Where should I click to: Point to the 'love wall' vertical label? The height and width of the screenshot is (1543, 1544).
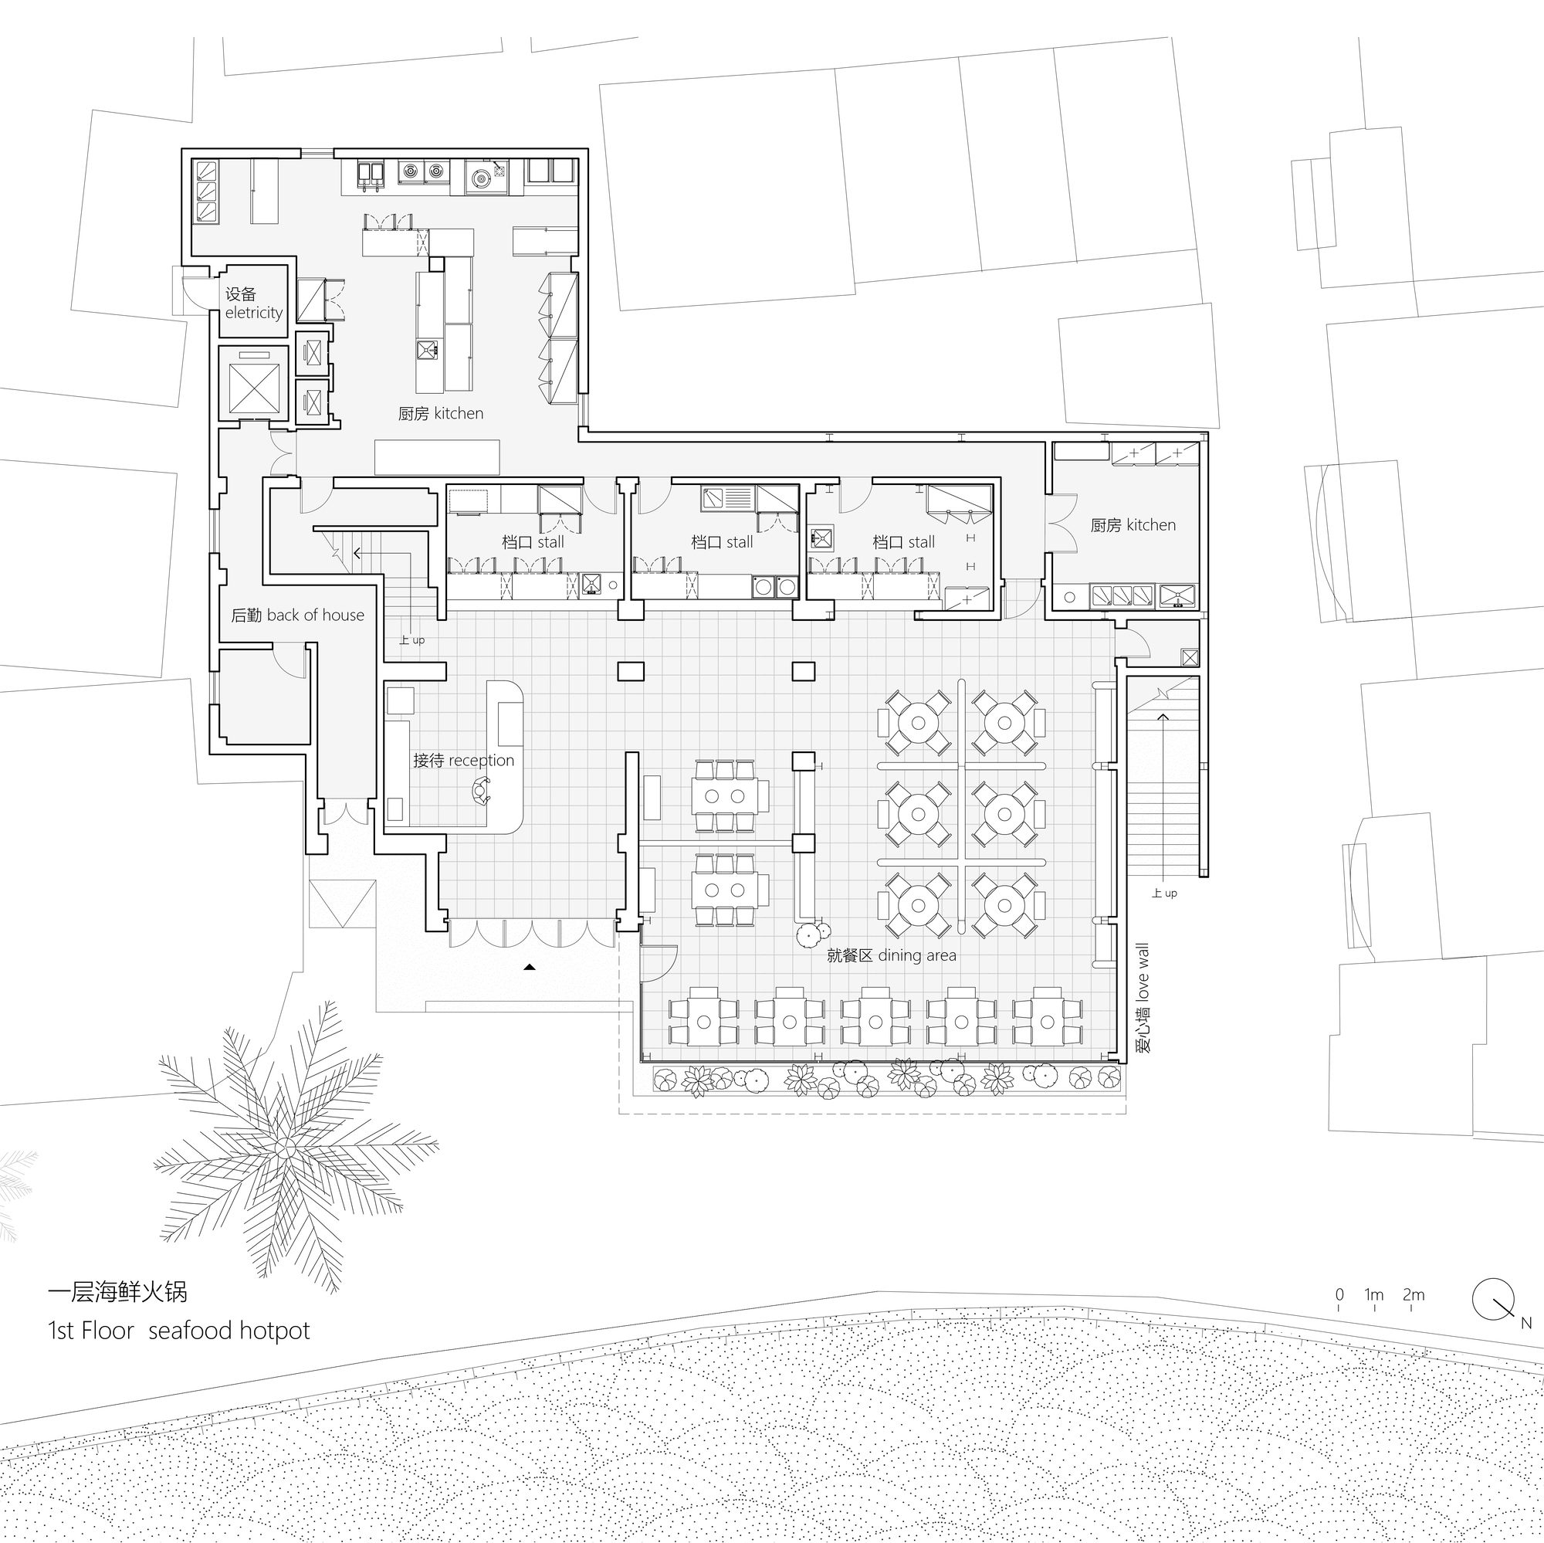1142,972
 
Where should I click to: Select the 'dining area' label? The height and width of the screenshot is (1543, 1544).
916,955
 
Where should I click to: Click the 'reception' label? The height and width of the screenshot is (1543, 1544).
481,761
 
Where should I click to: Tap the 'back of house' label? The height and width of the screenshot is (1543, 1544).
316,615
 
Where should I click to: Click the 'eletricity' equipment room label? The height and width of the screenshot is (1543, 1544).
254,313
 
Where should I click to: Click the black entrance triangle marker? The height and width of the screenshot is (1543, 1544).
529,968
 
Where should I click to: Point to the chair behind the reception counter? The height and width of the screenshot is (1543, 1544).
480,792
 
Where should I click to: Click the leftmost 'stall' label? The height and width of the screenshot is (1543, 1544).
550,542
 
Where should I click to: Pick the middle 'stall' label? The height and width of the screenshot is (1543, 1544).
740,542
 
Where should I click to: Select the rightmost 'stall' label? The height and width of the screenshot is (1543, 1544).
921,542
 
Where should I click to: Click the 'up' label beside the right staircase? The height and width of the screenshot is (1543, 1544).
1170,894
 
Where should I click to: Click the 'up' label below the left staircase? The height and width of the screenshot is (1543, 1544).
418,640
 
